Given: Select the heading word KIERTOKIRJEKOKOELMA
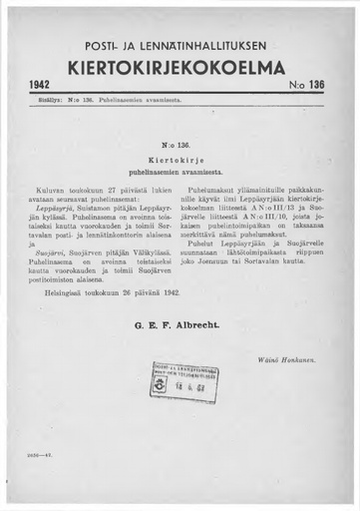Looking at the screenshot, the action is [180, 68].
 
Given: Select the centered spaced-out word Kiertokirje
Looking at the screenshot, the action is [180, 158].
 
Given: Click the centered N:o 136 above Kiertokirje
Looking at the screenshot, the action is [180, 144].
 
